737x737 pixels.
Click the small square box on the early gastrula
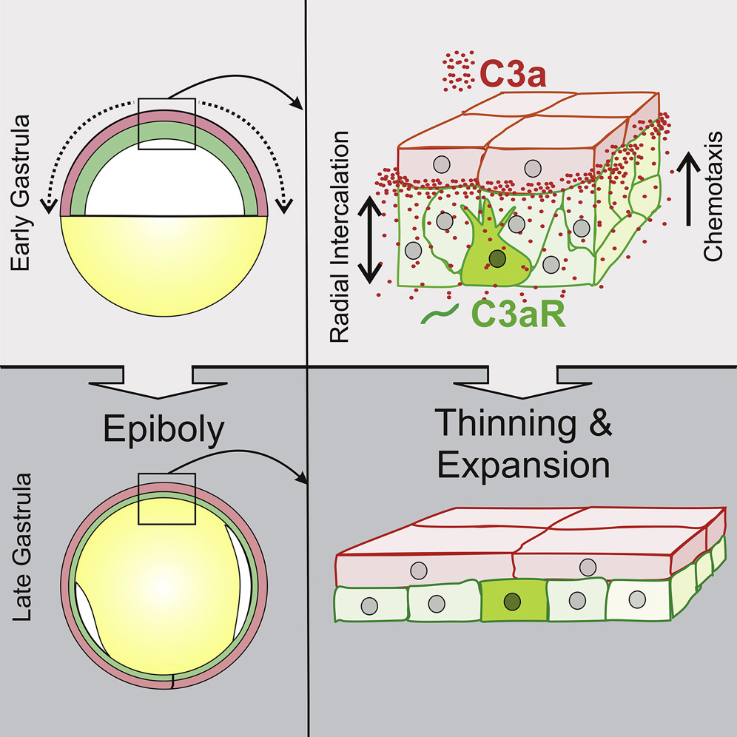pyautogui.click(x=166, y=124)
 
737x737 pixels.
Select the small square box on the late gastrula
pyautogui.click(x=166, y=501)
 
